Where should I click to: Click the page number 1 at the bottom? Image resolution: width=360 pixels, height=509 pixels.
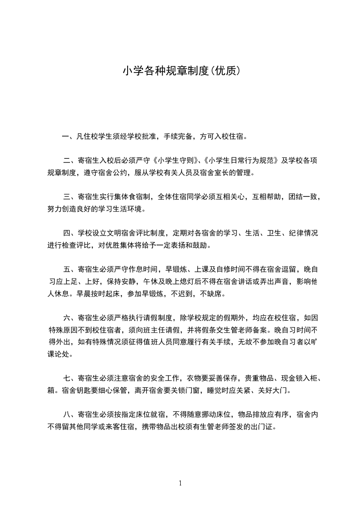click(x=180, y=483)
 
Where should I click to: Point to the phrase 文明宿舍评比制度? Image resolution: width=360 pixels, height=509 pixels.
click(x=138, y=234)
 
